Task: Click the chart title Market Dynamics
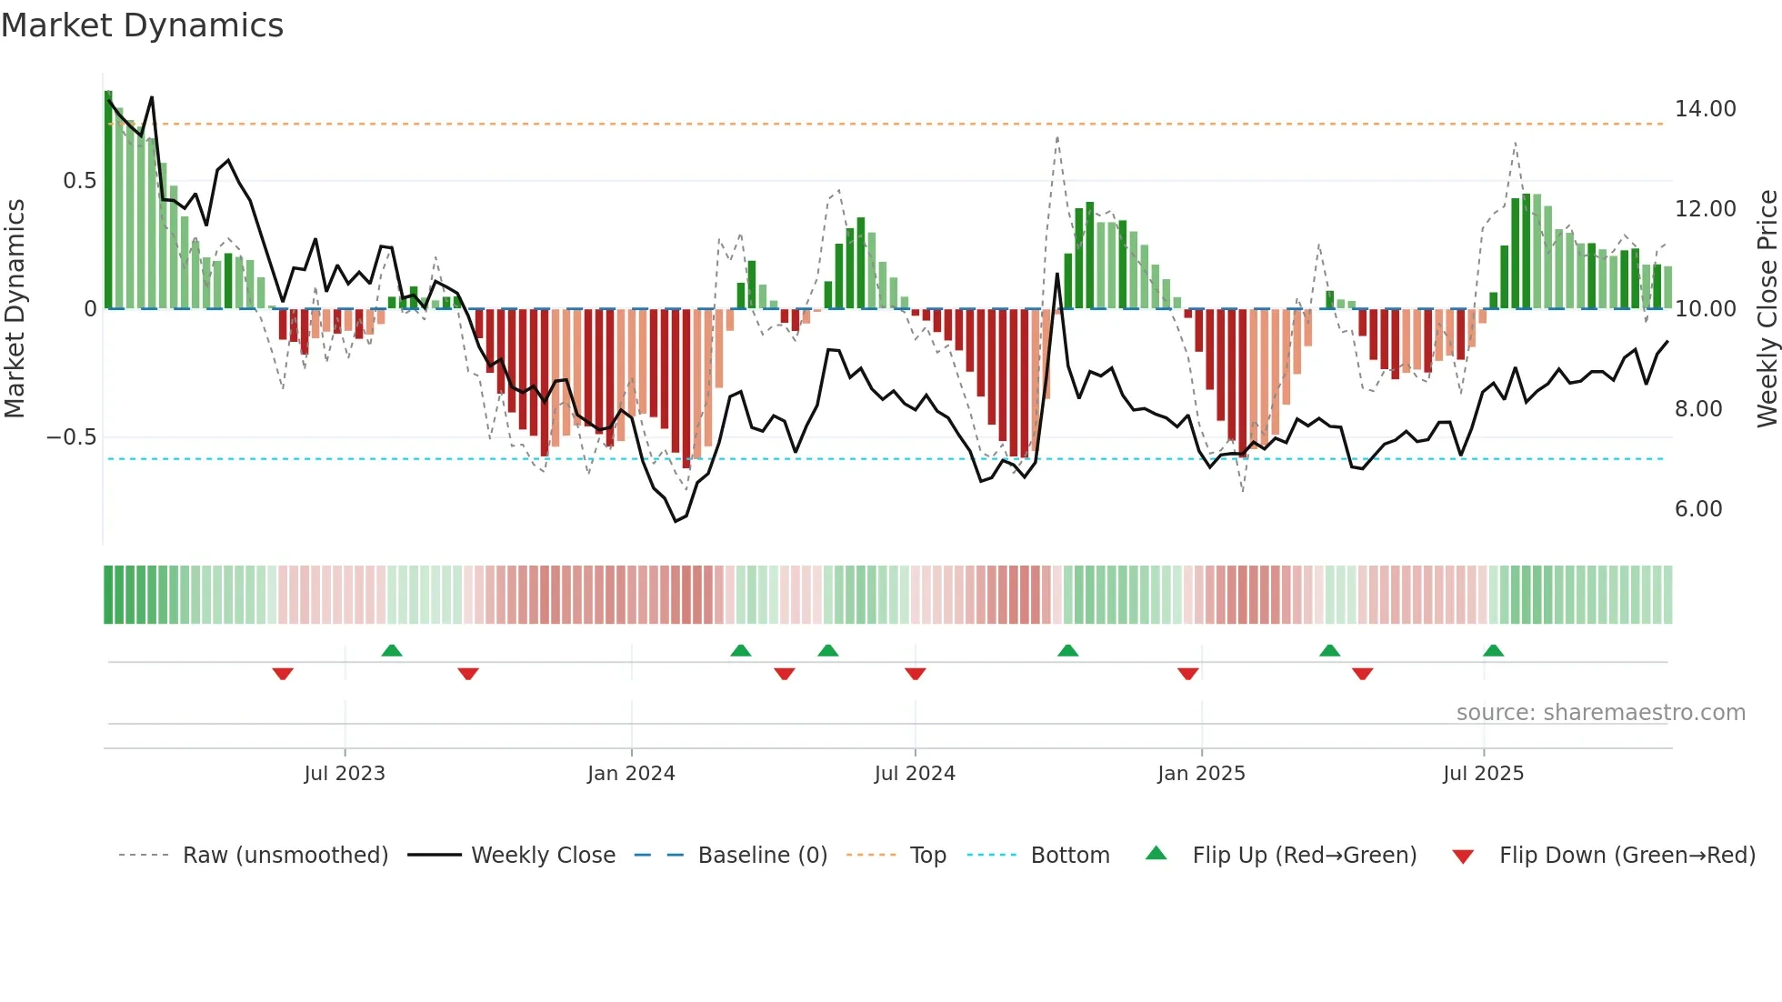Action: tap(143, 25)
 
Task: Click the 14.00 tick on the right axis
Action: tap(1705, 109)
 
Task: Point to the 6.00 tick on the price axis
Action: tap(1697, 509)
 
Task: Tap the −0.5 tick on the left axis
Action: tap(72, 437)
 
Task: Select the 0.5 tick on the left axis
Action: tap(79, 181)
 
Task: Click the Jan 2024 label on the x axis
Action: tap(631, 774)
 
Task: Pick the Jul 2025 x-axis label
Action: tap(1483, 774)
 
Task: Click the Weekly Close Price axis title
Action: tap(1767, 308)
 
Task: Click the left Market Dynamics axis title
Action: tap(15, 308)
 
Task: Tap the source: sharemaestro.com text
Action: tap(1600, 713)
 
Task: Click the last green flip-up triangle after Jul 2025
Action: tap(1493, 651)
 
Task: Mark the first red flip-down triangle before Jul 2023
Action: tap(283, 674)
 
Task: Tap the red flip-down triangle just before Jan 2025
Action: tap(1187, 674)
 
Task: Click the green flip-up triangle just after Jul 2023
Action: tap(392, 651)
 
